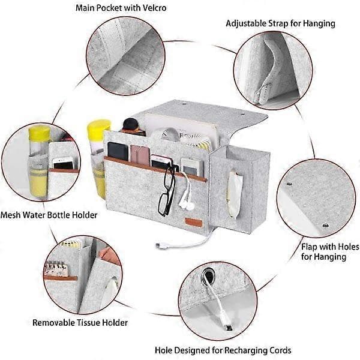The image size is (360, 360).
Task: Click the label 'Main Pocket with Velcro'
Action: (x=121, y=8)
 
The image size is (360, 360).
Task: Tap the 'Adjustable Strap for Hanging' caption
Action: (x=280, y=23)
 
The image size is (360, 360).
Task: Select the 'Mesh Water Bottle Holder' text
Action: (x=49, y=215)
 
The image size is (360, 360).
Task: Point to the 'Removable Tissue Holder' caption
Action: (x=80, y=323)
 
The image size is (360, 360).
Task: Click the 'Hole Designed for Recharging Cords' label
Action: (x=223, y=350)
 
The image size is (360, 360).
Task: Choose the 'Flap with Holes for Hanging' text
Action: (x=330, y=251)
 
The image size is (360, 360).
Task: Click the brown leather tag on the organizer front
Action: (x=194, y=223)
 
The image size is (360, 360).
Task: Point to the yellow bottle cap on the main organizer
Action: (x=99, y=129)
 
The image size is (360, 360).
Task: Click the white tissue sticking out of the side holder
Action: (x=235, y=193)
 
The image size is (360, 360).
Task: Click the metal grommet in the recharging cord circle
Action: (x=208, y=276)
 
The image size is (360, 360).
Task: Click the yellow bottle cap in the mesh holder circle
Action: (x=39, y=133)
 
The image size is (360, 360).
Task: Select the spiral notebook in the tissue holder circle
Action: (x=57, y=269)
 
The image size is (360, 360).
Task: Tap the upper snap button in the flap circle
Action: (x=290, y=184)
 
